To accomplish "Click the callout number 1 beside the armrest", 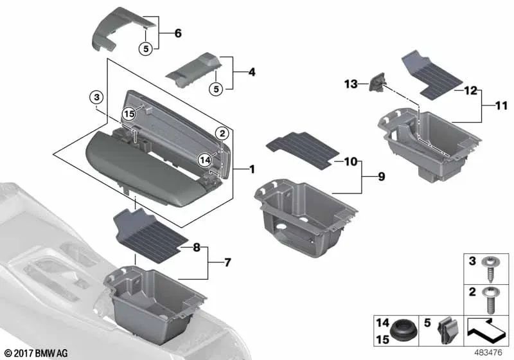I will pos(252,170).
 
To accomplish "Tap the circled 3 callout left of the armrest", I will pos(95,98).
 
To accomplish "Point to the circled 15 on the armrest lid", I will pos(130,113).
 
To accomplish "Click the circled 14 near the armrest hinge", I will pos(205,160).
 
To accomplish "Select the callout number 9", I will pos(381,175).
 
